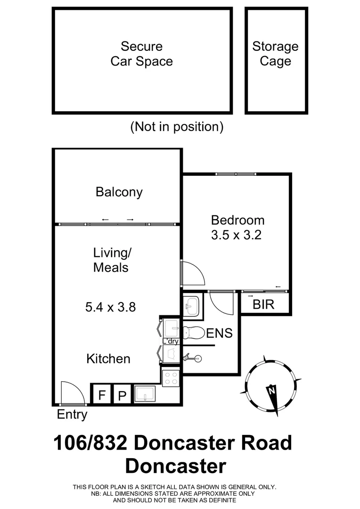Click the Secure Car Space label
[141, 54]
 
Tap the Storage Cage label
[275, 54]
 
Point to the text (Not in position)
[177, 127]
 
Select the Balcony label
[119, 192]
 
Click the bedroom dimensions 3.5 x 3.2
[237, 235]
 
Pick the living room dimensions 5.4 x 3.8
[111, 307]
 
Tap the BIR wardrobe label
[263, 304]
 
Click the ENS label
[220, 333]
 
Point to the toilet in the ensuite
[191, 332]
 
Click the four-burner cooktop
[170, 378]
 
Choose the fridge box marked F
[101, 395]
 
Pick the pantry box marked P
[122, 395]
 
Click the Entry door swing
[72, 394]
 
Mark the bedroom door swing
[193, 273]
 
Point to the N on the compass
[271, 391]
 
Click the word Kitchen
[108, 359]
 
